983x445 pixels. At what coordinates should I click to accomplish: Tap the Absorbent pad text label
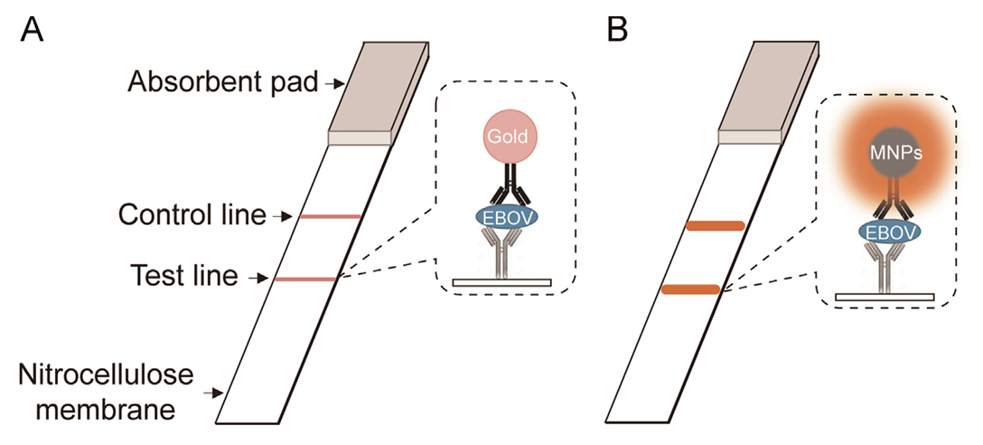[x=222, y=83]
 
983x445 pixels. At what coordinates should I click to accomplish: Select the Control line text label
[x=192, y=216]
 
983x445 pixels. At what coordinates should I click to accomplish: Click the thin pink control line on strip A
[x=330, y=217]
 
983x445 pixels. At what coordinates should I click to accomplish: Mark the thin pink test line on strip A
[x=304, y=279]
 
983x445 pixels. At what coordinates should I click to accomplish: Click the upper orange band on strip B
[x=715, y=225]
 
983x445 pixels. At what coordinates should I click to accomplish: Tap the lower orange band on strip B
[x=691, y=289]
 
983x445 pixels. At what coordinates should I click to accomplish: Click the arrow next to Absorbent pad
[x=334, y=83]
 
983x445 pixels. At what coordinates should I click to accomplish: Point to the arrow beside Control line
[x=284, y=216]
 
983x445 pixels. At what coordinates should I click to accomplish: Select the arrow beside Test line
[x=258, y=278]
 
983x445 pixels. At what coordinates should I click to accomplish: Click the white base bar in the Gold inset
[x=501, y=283]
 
